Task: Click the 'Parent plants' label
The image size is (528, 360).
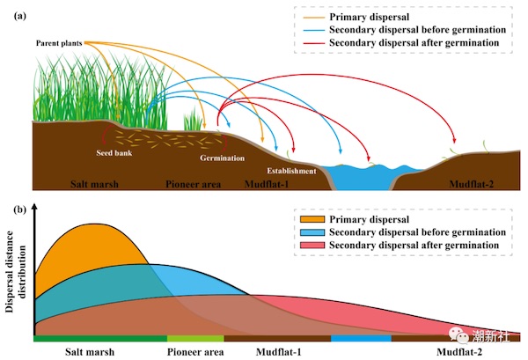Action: pyautogui.click(x=59, y=43)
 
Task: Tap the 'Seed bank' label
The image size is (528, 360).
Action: pyautogui.click(x=114, y=153)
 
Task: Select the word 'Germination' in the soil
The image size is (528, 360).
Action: pyautogui.click(x=223, y=158)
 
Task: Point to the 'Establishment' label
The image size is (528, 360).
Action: pyautogui.click(x=291, y=171)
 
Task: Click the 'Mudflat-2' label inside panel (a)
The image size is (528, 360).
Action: pyautogui.click(x=472, y=184)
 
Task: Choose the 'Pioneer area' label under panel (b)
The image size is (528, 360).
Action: pyautogui.click(x=195, y=352)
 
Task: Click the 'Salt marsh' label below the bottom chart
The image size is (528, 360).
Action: pyautogui.click(x=90, y=352)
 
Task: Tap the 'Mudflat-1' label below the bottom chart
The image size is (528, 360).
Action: pyautogui.click(x=278, y=352)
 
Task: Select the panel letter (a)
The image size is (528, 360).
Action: pyautogui.click(x=20, y=16)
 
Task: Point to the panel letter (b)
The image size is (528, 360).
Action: pyautogui.click(x=20, y=209)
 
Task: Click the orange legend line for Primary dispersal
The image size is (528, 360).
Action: pyautogui.click(x=314, y=18)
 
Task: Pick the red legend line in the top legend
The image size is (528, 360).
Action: pyautogui.click(x=314, y=43)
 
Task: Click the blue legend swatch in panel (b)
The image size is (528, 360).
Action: pyautogui.click(x=312, y=232)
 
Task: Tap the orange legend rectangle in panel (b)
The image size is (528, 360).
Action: pyautogui.click(x=312, y=219)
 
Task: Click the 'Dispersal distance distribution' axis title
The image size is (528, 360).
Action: pyautogui.click(x=16, y=271)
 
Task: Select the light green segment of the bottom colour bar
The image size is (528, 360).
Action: pyautogui.click(x=195, y=339)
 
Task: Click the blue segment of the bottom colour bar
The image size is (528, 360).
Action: pyautogui.click(x=362, y=339)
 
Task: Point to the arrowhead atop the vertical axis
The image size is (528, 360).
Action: pyautogui.click(x=34, y=206)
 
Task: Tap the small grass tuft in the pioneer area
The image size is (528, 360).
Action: pyautogui.click(x=194, y=120)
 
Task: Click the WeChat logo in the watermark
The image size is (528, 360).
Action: pyautogui.click(x=458, y=334)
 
